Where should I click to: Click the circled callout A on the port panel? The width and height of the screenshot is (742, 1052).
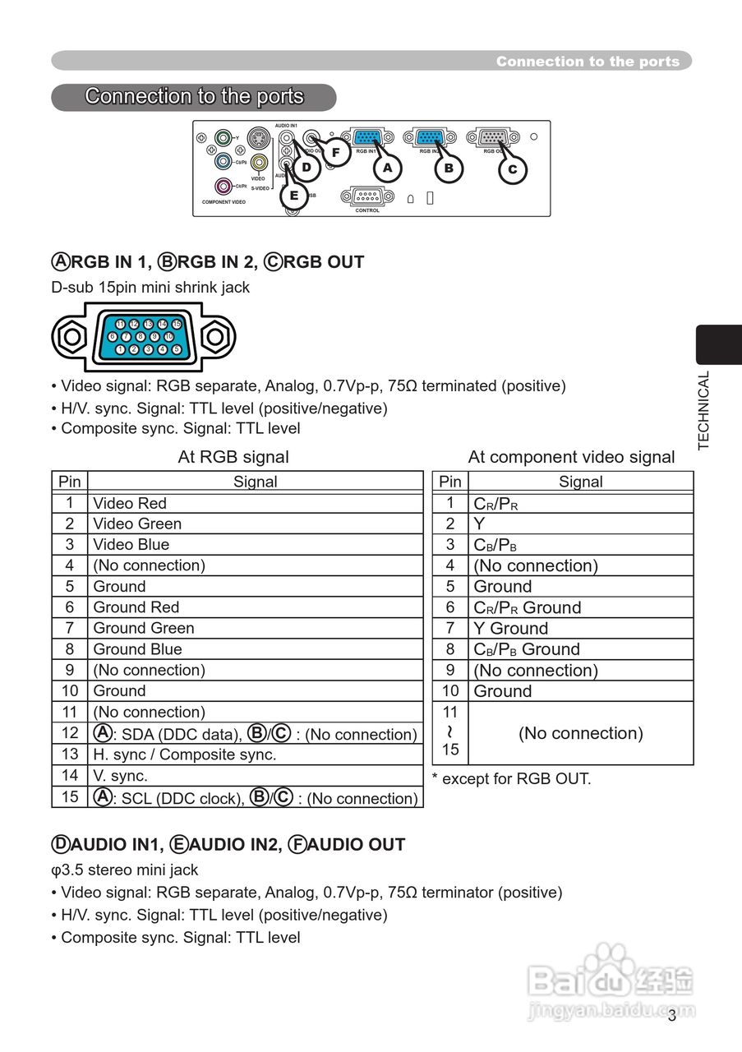[x=387, y=168]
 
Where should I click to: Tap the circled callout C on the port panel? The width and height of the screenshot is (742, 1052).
[x=512, y=169]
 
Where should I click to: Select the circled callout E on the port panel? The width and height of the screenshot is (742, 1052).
[x=293, y=196]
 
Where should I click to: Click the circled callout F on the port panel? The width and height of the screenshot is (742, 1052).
[x=335, y=153]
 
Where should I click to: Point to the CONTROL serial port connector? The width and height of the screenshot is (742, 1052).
[x=367, y=196]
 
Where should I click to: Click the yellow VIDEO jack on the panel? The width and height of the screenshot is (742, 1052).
[x=259, y=163]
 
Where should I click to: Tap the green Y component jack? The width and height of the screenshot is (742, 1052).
[x=222, y=138]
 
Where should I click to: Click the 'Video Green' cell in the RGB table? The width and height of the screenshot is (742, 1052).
[x=137, y=524]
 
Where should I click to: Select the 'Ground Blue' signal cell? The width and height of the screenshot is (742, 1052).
[x=137, y=648]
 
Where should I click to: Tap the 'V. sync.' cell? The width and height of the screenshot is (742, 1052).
[x=120, y=775]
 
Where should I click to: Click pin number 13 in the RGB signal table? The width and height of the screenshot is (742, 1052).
[x=70, y=754]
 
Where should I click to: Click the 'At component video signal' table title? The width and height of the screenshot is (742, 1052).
[x=571, y=457]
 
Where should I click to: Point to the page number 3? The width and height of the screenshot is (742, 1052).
[x=671, y=1016]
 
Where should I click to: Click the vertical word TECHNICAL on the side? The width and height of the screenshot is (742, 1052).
[x=703, y=410]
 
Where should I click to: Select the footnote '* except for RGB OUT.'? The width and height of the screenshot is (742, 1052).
[x=511, y=778]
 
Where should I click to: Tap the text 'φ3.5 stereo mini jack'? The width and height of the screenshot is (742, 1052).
[x=124, y=870]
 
